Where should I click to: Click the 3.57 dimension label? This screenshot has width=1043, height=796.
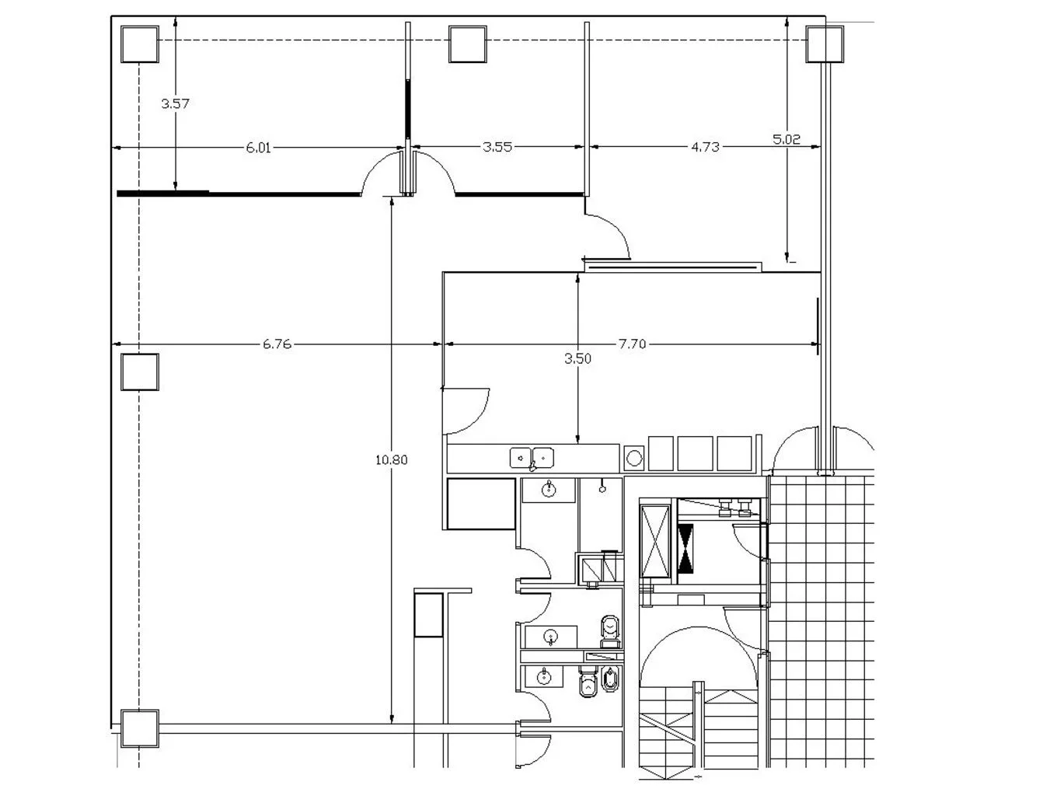175,103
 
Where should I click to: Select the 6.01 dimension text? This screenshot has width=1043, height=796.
258,148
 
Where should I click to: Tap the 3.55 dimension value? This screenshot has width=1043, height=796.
497,147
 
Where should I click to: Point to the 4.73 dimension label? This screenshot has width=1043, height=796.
705,147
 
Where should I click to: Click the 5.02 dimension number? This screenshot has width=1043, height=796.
786,139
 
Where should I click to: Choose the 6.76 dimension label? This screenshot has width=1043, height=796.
277,344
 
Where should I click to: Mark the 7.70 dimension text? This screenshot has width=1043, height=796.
632,344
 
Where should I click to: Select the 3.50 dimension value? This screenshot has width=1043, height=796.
577,359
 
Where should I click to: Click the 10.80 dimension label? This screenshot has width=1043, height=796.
391,459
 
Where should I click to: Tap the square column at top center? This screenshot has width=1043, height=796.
467,44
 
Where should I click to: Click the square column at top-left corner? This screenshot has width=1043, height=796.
139,44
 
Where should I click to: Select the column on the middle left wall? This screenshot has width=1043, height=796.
139,372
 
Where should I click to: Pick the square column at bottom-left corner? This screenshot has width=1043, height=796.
139,728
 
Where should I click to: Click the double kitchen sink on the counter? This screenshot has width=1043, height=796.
532,458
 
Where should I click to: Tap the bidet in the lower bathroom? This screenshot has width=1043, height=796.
609,679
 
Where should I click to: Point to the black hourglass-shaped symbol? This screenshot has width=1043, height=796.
685,548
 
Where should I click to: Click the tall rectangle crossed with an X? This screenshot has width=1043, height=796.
654,541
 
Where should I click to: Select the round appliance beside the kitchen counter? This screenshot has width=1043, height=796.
634,459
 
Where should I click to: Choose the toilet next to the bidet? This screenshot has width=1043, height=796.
588,681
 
